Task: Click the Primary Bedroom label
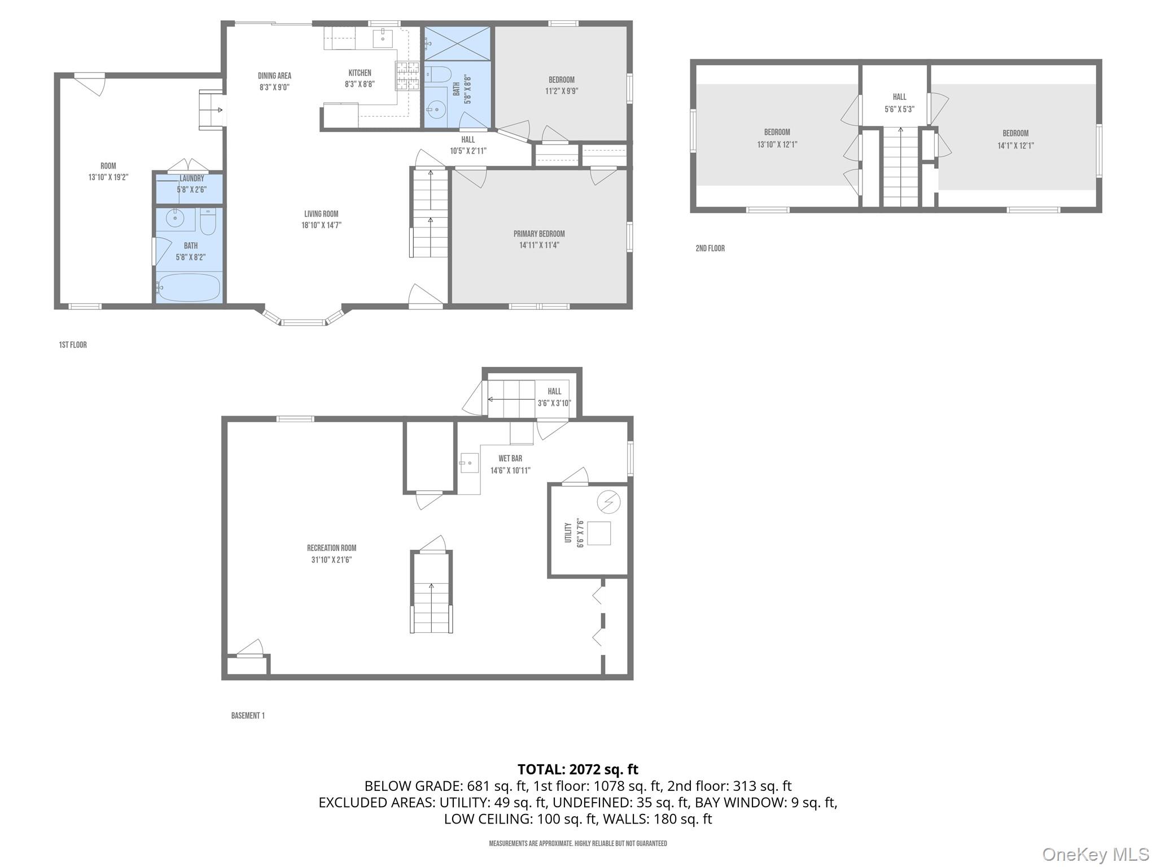coord(538,234)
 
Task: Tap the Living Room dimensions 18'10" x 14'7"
coord(321,225)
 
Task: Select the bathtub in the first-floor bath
coord(189,288)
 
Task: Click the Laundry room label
coord(191,178)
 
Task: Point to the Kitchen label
coord(360,73)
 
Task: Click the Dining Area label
coord(274,76)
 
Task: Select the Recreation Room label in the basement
coord(331,548)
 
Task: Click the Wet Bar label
coord(510,458)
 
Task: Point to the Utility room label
coord(568,532)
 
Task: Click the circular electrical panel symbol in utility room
coord(608,501)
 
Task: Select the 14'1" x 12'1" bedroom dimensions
coord(1015,145)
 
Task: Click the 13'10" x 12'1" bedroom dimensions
coord(777,144)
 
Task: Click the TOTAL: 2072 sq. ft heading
coord(577,769)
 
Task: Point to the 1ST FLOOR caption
coord(73,345)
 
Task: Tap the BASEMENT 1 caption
coord(247,715)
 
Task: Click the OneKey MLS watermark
coord(1095,854)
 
